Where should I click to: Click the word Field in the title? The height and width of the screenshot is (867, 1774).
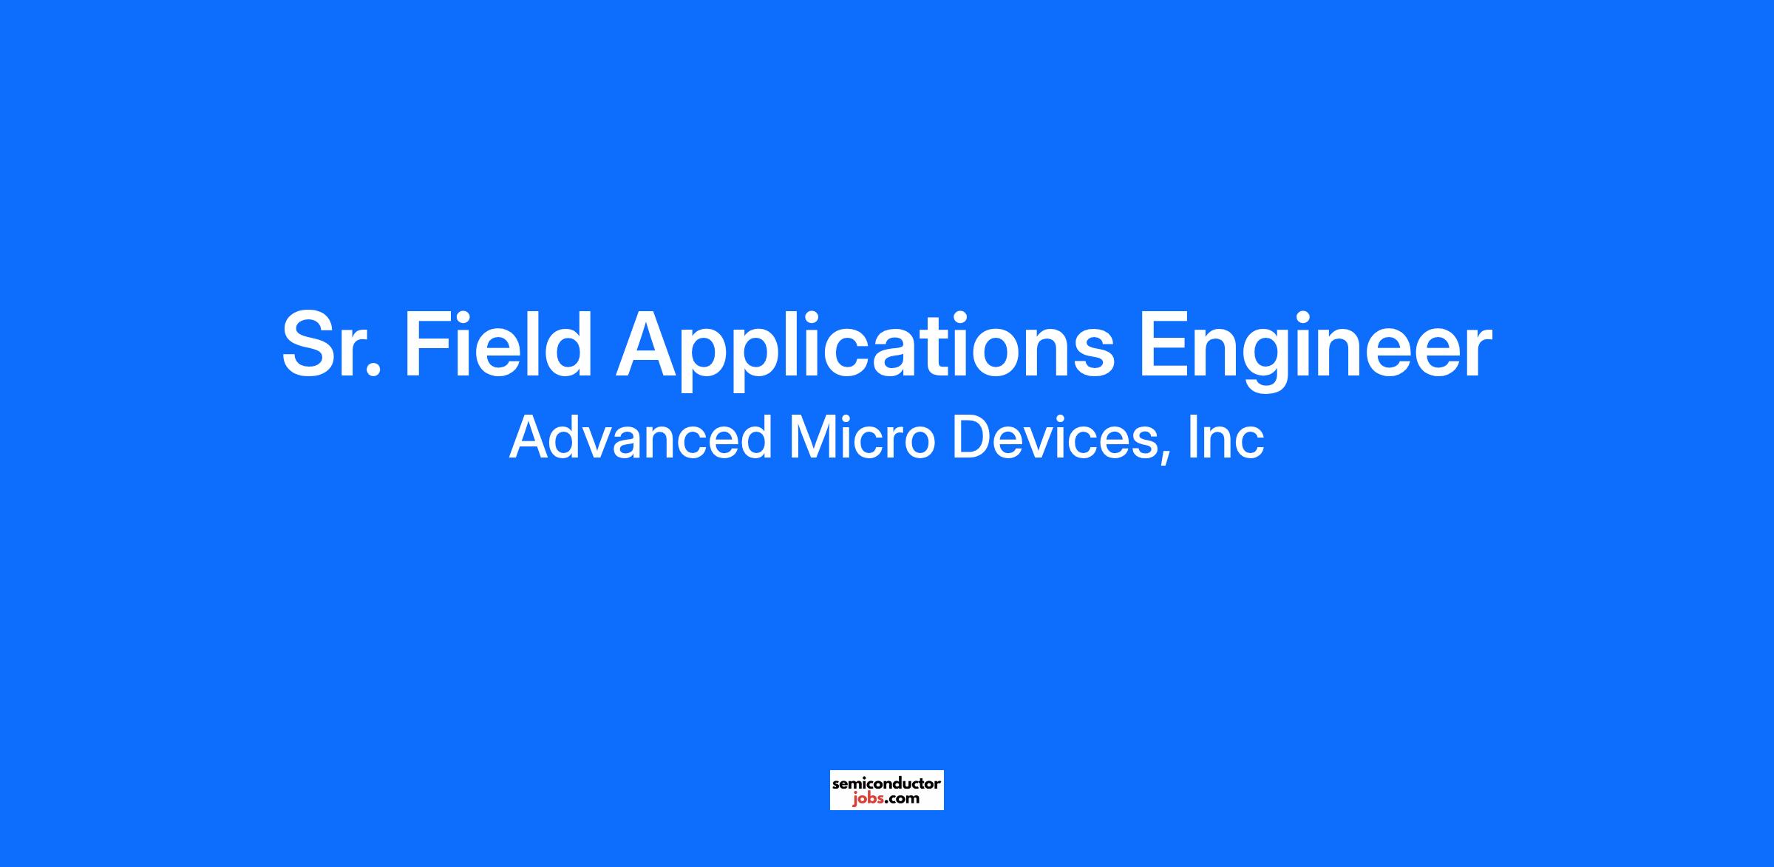pyautogui.click(x=497, y=344)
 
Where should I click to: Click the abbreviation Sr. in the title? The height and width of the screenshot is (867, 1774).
pyautogui.click(x=331, y=344)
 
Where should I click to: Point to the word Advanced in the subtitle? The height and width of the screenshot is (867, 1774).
pyautogui.click(x=641, y=438)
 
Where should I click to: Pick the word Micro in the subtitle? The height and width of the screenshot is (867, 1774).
pyautogui.click(x=863, y=438)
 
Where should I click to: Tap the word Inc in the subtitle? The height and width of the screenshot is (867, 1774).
pyautogui.click(x=1227, y=438)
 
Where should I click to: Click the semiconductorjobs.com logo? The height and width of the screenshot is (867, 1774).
pyautogui.click(x=887, y=790)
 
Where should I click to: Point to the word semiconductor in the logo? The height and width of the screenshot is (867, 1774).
pyautogui.click(x=887, y=783)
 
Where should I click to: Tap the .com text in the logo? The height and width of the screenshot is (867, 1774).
pyautogui.click(x=902, y=799)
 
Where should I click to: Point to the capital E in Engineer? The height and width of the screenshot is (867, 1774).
pyautogui.click(x=1164, y=344)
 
